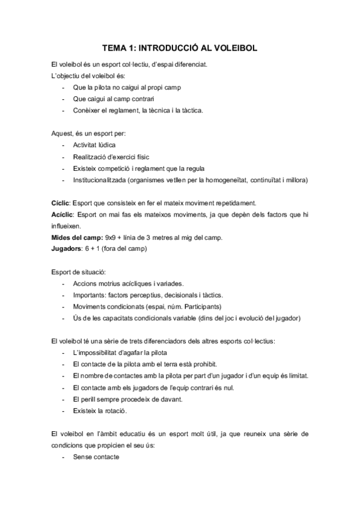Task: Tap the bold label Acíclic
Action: (x=63, y=214)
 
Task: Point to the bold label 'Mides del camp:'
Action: (x=76, y=237)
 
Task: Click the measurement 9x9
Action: (x=112, y=237)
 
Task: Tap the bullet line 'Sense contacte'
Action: (x=96, y=456)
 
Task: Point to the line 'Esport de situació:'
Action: (x=79, y=272)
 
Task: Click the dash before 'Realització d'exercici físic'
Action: (x=64, y=157)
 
